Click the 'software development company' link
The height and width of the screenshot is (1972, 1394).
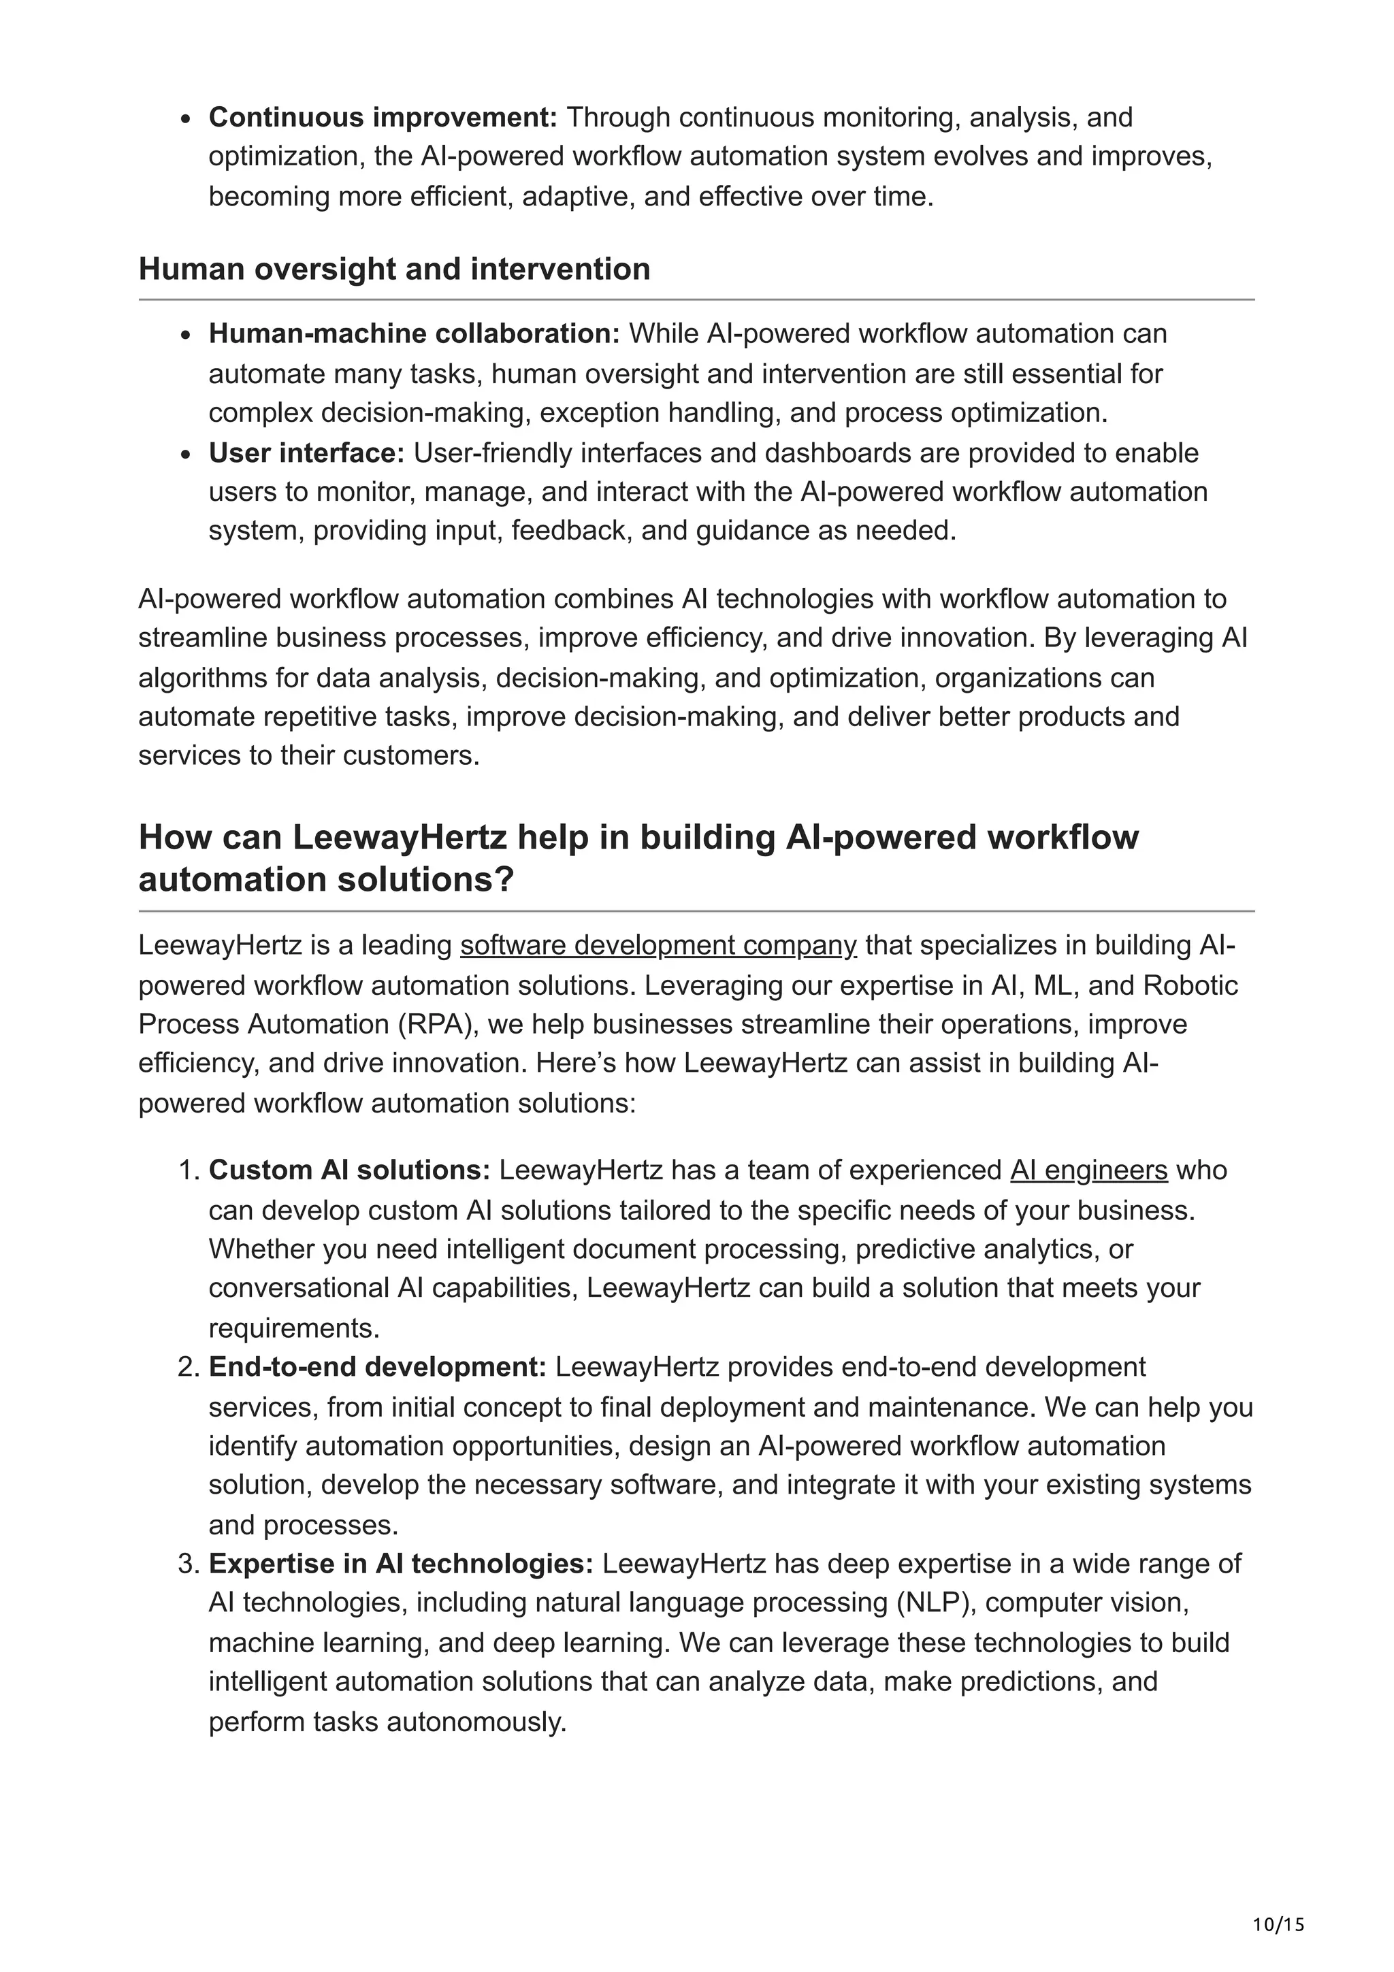658,946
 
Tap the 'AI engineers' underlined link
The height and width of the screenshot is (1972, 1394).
1088,1170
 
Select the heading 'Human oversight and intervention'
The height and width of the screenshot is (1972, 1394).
394,269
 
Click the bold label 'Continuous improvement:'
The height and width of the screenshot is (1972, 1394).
383,117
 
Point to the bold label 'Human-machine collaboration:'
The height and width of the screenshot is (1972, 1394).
414,334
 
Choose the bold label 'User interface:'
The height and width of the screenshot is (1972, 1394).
306,453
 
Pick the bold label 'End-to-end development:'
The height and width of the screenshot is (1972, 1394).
377,1367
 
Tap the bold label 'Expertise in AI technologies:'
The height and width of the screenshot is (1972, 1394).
401,1564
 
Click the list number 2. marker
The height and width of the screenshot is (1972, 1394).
188,1367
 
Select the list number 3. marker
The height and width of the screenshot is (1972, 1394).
188,1564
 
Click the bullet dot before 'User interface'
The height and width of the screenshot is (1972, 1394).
186,455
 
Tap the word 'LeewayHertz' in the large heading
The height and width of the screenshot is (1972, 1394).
400,838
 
